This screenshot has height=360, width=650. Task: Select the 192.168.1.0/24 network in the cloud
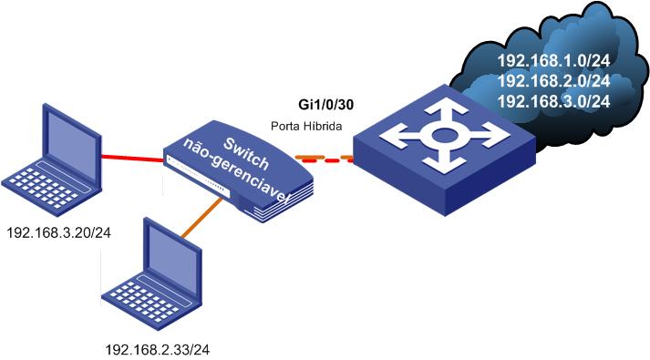[552, 61]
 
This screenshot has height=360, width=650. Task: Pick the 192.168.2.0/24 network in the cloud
[552, 81]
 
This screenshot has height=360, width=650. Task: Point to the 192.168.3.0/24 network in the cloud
[552, 101]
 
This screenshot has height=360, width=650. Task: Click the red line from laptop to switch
[133, 160]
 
